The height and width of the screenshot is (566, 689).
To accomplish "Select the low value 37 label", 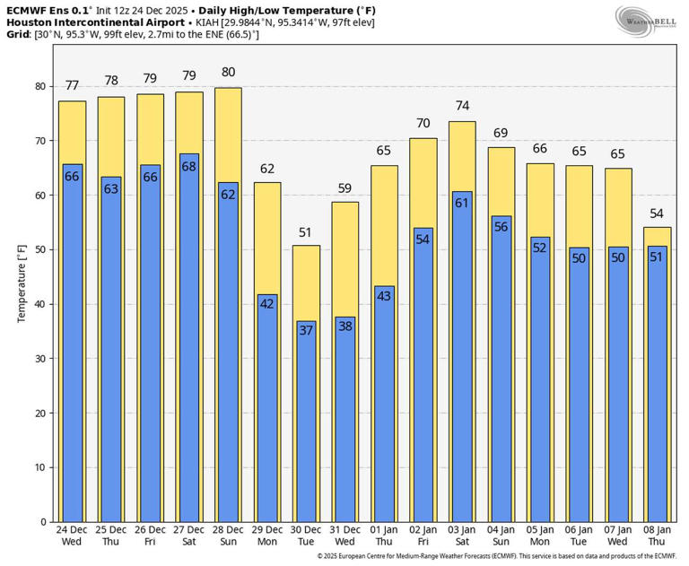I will click(307, 331).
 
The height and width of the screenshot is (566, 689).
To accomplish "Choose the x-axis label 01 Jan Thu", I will click(384, 536).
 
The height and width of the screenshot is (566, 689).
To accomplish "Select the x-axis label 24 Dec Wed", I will click(73, 536).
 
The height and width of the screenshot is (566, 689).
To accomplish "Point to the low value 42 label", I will click(267, 304).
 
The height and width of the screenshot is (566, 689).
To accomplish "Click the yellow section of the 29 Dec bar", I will click(267, 238).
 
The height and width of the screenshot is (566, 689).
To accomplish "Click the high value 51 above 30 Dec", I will click(307, 232).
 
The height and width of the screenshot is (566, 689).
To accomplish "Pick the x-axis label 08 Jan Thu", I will click(658, 536).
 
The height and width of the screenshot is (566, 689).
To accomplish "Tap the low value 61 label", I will click(462, 202).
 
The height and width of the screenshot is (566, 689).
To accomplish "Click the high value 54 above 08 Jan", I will click(658, 213).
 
